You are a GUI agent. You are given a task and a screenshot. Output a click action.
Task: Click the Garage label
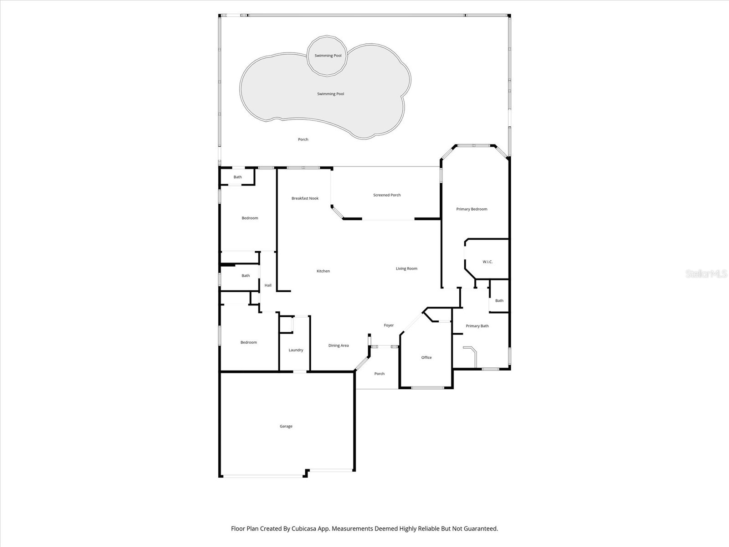[x=286, y=426]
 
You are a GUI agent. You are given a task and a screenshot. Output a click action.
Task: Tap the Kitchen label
[x=323, y=271]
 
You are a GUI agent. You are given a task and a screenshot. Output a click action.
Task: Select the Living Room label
[x=406, y=268]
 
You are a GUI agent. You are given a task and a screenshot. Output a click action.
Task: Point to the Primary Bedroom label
[x=472, y=209]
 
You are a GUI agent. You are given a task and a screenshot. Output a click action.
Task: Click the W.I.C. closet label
[x=488, y=262]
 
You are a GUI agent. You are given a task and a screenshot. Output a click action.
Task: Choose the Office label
[x=426, y=357]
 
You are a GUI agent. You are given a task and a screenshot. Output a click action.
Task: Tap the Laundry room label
[x=296, y=350]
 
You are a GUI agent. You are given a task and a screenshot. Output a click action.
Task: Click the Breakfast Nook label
[x=305, y=198]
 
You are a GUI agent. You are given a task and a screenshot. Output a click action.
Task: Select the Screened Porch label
[x=387, y=195]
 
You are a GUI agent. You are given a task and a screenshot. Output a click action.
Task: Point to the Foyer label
[x=389, y=325]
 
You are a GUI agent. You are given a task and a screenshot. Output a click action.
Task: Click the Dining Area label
[x=339, y=346]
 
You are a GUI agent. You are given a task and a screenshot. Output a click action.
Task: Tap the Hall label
[x=268, y=285]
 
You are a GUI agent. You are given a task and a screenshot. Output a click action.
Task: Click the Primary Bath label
[x=477, y=326]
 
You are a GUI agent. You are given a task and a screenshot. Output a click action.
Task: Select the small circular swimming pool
[x=328, y=56]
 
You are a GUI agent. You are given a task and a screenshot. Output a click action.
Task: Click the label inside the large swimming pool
[x=330, y=94]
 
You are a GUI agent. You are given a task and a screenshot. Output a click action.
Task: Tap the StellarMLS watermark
[x=706, y=273]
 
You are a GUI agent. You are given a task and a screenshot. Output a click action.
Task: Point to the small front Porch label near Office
[x=379, y=374]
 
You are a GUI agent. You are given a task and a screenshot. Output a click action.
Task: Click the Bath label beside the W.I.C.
[x=499, y=300]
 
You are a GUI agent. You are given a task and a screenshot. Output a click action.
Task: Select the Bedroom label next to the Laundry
[x=249, y=342]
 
